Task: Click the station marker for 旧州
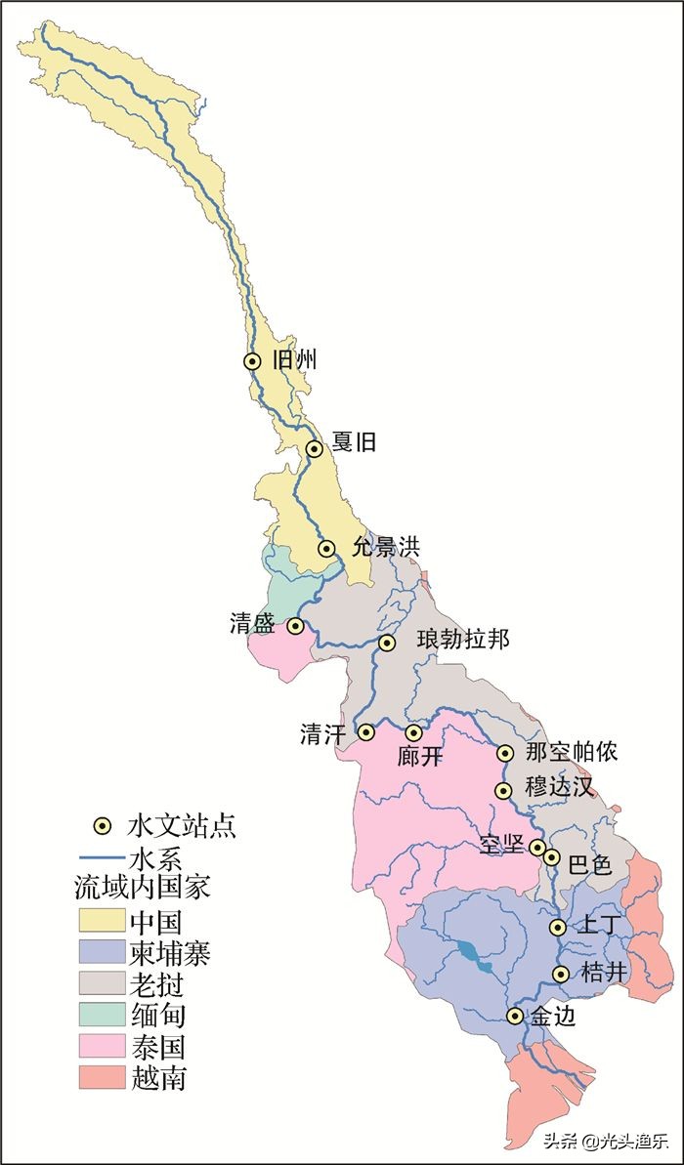click(252, 361)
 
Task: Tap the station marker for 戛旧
click(315, 449)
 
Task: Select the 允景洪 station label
click(385, 547)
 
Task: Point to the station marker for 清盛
click(295, 626)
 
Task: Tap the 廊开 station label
click(421, 757)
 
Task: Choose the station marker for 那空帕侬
click(505, 753)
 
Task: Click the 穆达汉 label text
click(559, 786)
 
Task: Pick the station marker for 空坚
click(537, 847)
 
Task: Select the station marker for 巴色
click(552, 857)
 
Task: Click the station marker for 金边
click(515, 1017)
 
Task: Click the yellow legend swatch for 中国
click(101, 921)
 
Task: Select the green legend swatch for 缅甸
click(101, 1015)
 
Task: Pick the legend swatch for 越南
click(101, 1077)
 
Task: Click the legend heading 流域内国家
click(143, 889)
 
